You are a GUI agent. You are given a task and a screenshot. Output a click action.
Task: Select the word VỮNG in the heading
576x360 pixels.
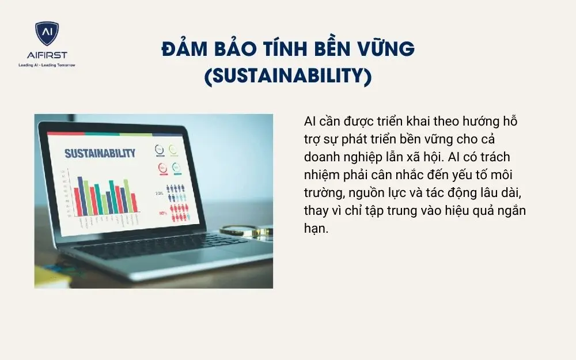coord(385,50)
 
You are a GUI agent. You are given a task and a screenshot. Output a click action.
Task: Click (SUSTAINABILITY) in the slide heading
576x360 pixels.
coord(288,76)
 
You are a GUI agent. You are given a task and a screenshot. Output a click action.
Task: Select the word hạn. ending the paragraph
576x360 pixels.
coord(316,228)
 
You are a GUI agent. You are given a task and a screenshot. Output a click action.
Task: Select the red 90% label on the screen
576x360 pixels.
coord(163,213)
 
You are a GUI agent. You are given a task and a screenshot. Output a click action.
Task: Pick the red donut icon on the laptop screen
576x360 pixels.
coord(162,168)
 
